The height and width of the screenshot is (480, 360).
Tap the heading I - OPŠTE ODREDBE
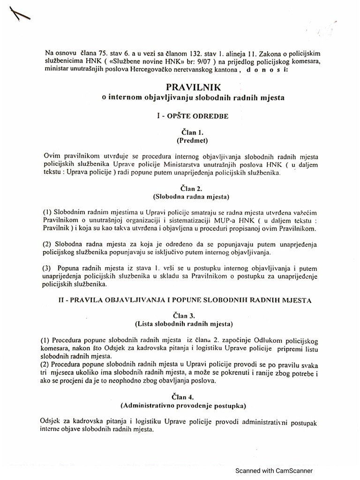point(193,115)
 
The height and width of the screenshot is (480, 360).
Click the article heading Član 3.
point(193,315)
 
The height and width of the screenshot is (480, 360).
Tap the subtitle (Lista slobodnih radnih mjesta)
point(193,323)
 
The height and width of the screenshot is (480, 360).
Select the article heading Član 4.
point(193,396)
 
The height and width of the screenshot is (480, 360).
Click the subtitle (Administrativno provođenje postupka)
point(193,404)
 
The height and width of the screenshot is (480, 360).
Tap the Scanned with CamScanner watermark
point(274,471)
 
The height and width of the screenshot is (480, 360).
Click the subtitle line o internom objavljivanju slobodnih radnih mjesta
point(193,97)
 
